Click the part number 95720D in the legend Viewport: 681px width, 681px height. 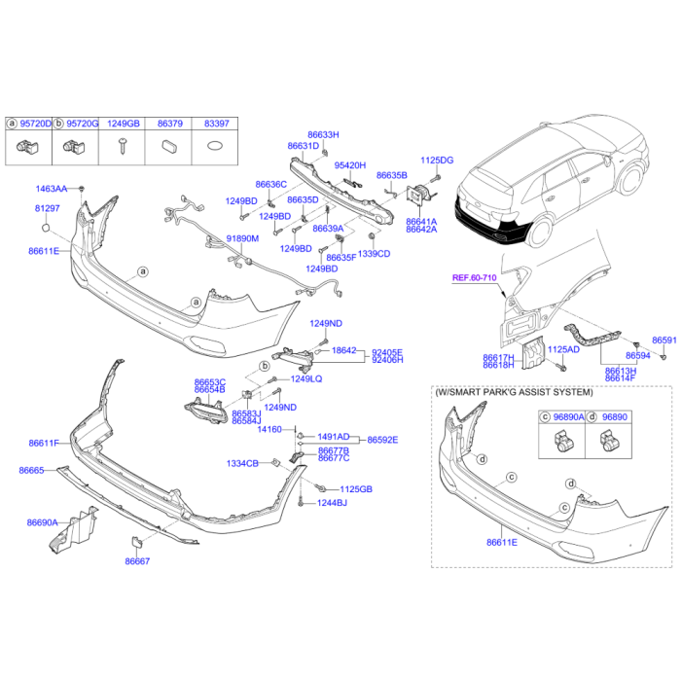coord(36,125)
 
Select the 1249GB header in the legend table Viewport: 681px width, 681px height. coord(124,125)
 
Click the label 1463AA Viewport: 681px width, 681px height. coord(52,189)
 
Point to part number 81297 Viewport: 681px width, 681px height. coord(47,208)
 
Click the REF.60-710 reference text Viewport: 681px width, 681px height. coord(474,278)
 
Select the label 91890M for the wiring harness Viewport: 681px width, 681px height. coord(242,238)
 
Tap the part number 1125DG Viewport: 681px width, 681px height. coord(437,160)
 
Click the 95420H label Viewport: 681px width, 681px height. coord(350,165)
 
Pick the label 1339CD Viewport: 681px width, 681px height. coord(374,254)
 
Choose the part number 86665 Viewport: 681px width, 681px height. coord(31,470)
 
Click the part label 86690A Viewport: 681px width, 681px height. coord(42,522)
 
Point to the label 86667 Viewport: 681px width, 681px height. coord(137,561)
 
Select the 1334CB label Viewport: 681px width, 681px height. coord(242,463)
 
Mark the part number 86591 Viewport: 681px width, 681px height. coord(663,340)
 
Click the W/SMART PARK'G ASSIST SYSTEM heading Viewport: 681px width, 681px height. coord(513,392)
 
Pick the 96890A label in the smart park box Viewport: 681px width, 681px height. coord(569,416)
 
